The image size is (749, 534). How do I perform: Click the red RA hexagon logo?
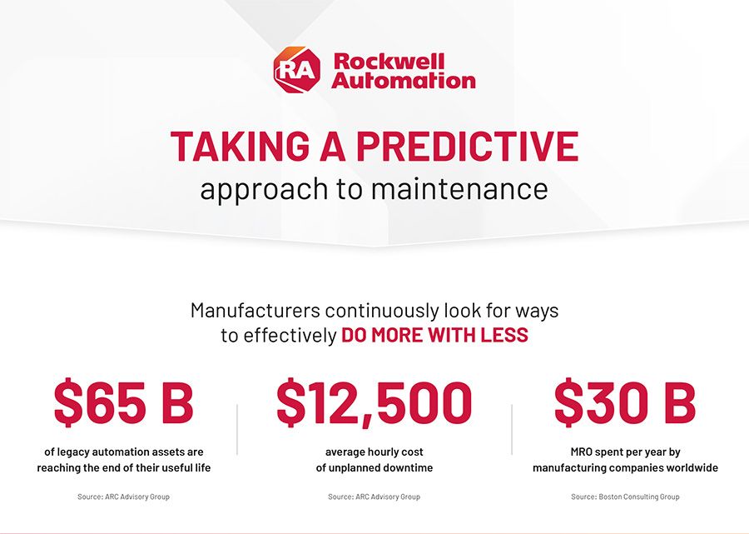point(296,71)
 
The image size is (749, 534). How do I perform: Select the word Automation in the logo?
point(404,81)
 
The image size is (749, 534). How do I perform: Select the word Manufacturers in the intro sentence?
point(255,311)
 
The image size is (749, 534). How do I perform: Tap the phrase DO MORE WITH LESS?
point(434,336)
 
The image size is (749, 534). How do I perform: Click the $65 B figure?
point(123,404)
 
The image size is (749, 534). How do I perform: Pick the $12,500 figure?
point(374,404)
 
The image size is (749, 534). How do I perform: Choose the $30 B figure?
point(624,404)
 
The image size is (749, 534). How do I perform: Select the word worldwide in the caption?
point(687,467)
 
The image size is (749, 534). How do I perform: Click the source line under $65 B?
point(123,497)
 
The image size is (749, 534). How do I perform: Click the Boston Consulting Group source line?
point(625,497)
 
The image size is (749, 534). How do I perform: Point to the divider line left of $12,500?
point(237,429)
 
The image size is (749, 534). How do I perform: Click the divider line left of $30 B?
point(511,429)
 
